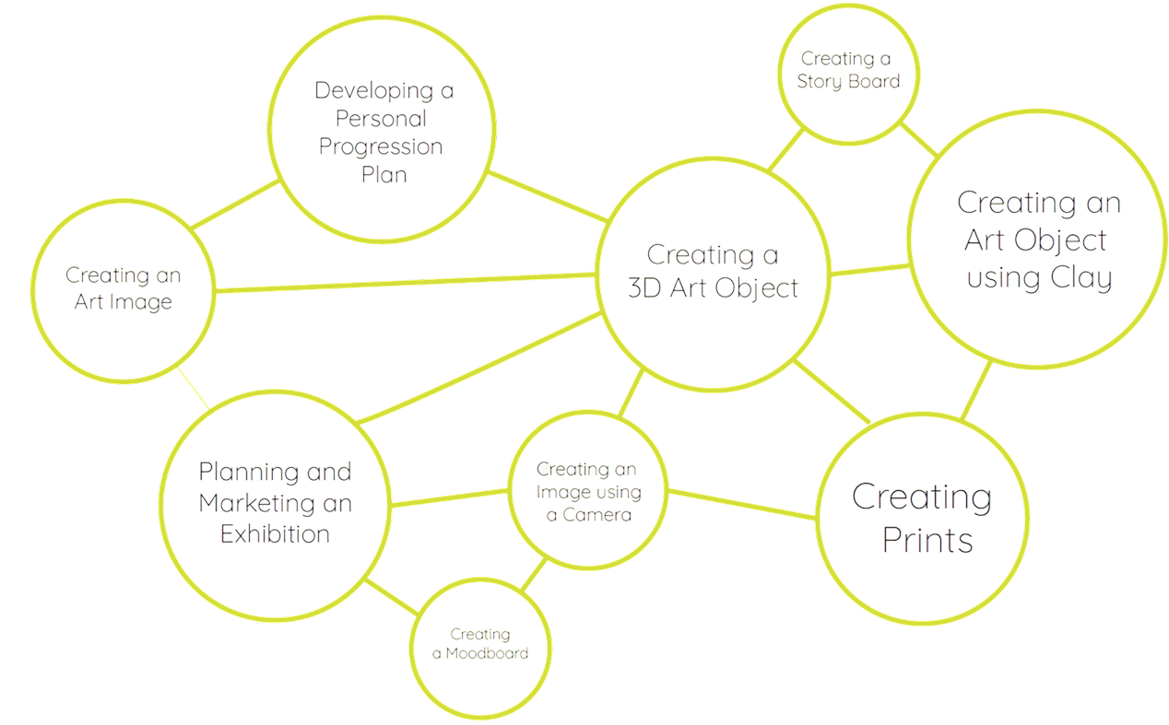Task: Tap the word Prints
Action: click(927, 540)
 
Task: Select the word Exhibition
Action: click(275, 534)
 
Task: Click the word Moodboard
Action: click(487, 653)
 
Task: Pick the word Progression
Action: click(381, 146)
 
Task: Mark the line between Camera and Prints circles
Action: click(742, 504)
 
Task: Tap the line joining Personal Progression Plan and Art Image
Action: click(235, 205)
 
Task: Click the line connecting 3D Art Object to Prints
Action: click(832, 392)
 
